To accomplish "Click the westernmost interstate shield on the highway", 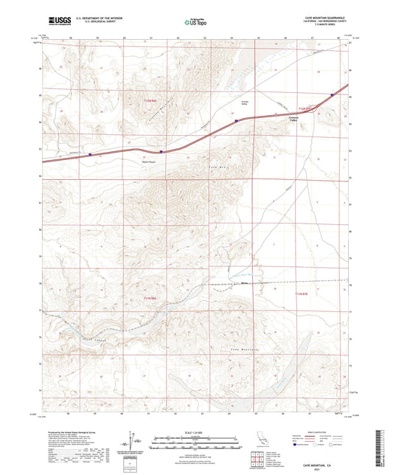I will click(x=90, y=155).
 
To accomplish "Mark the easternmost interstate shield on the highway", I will click(x=332, y=94).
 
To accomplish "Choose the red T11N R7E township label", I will click(x=293, y=294).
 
